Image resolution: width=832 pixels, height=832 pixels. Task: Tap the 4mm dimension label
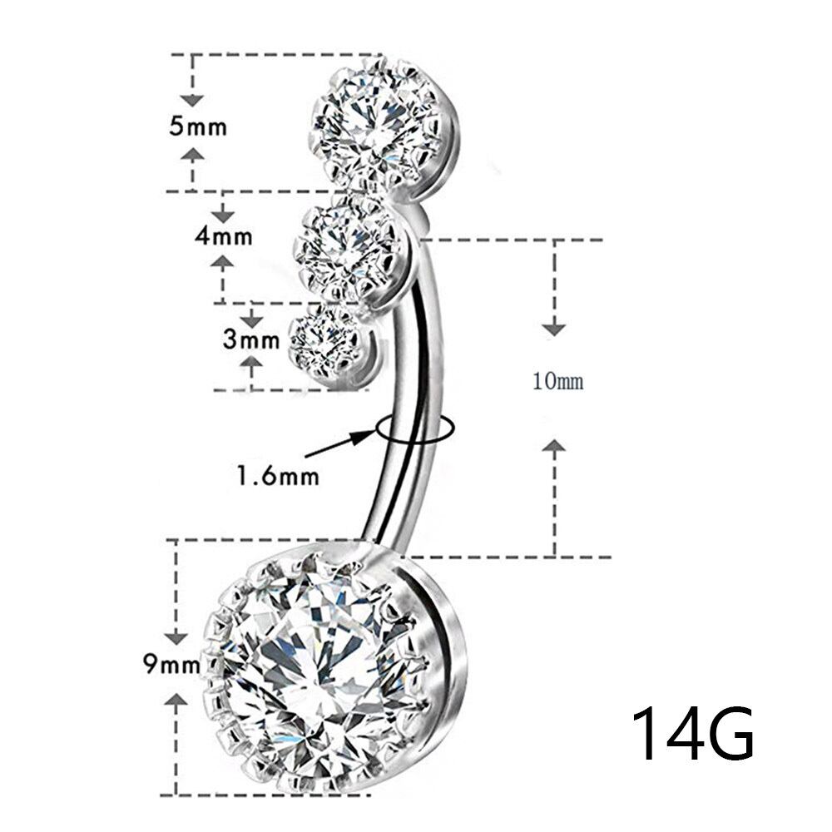223,235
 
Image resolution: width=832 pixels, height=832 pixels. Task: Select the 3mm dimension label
251,339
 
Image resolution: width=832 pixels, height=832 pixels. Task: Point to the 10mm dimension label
558,382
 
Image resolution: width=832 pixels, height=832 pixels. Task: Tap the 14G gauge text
692,735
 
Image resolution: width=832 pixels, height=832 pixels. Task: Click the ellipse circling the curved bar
414,428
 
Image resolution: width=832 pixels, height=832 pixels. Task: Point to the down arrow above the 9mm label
175,636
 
